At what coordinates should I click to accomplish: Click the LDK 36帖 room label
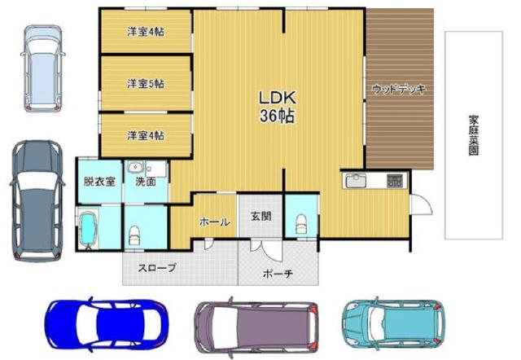pyautogui.click(x=277, y=107)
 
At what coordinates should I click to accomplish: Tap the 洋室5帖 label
pyautogui.click(x=146, y=83)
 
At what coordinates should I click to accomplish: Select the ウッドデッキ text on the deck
pyautogui.click(x=399, y=89)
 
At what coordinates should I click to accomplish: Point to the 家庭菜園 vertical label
pyautogui.click(x=474, y=135)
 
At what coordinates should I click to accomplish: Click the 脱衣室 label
pyautogui.click(x=99, y=182)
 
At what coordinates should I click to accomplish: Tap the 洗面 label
pyautogui.click(x=146, y=182)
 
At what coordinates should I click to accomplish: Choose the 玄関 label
pyautogui.click(x=260, y=216)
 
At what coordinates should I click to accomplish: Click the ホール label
pyautogui.click(x=214, y=222)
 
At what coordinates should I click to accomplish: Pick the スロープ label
pyautogui.click(x=157, y=267)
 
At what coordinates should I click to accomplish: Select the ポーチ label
pyautogui.click(x=278, y=274)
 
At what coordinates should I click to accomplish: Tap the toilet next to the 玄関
pyautogui.click(x=301, y=224)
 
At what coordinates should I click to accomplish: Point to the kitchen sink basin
pyautogui.click(x=356, y=181)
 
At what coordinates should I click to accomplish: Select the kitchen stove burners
pyautogui.click(x=395, y=181)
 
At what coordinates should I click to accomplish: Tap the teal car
pyautogui.click(x=393, y=323)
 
